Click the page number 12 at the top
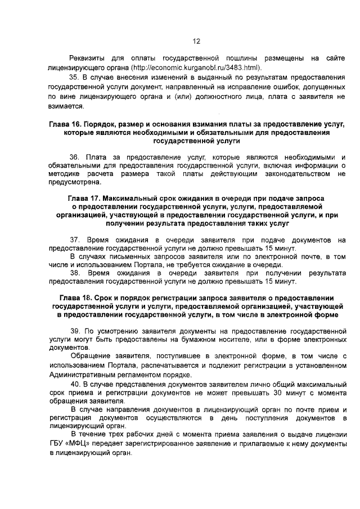(196, 41)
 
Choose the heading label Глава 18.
(76, 298)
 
